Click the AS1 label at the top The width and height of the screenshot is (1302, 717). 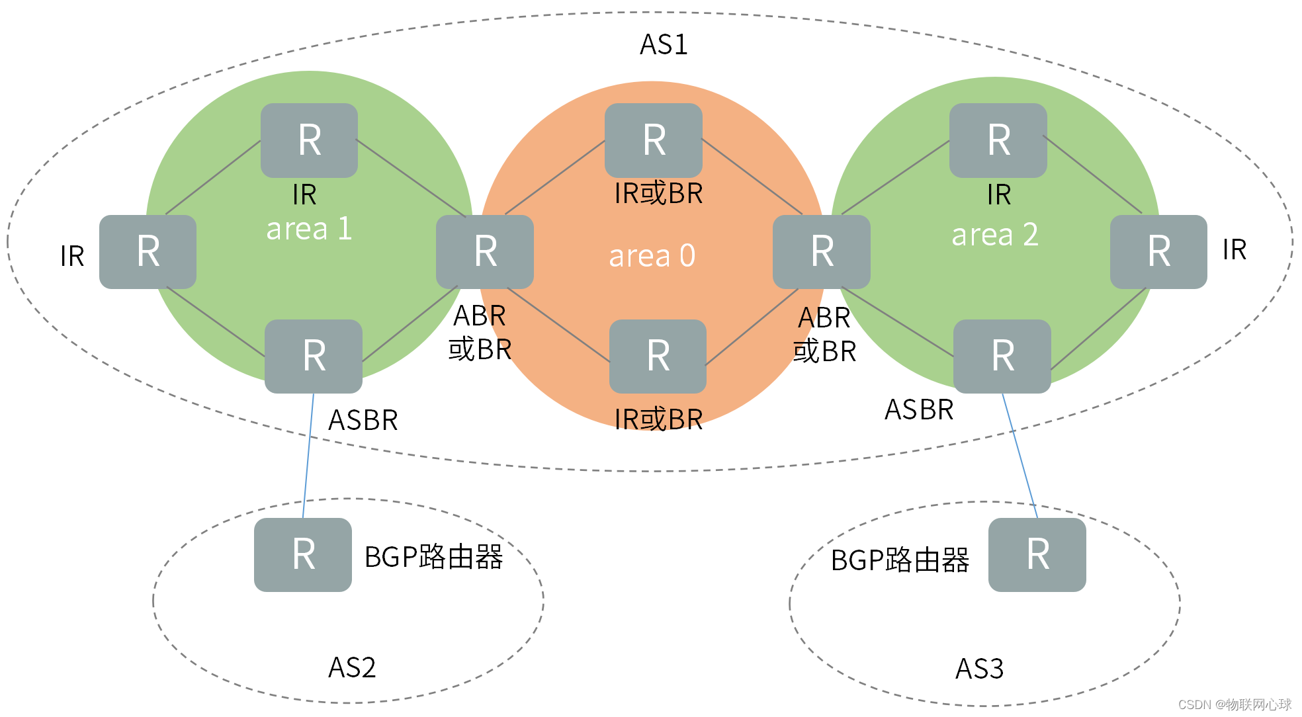click(x=664, y=45)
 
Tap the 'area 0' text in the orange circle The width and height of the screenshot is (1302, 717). click(x=652, y=256)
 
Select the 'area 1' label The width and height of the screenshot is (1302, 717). click(x=309, y=229)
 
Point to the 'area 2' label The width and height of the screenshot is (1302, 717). click(x=994, y=235)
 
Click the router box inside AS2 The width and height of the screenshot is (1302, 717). click(x=303, y=554)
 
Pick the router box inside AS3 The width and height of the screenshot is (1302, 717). click(x=1037, y=554)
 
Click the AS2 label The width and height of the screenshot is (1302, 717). click(x=352, y=667)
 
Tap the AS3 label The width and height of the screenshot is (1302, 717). click(x=979, y=669)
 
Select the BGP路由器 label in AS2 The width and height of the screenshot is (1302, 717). click(x=433, y=557)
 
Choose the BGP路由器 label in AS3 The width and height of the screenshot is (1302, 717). click(x=900, y=560)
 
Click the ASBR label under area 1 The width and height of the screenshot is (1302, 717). click(x=363, y=420)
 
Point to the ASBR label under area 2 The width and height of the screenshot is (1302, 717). click(x=919, y=409)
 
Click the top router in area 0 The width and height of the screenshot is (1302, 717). click(x=654, y=140)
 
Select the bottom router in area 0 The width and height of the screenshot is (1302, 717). click(x=658, y=356)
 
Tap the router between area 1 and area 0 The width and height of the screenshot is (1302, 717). click(x=485, y=251)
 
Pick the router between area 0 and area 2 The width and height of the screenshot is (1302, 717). click(x=822, y=251)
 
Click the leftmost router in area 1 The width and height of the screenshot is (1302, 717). click(x=148, y=251)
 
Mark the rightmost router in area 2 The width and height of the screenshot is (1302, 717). click(x=1158, y=251)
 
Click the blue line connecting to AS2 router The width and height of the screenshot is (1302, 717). click(x=308, y=456)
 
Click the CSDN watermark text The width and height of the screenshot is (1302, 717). click(x=1235, y=704)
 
